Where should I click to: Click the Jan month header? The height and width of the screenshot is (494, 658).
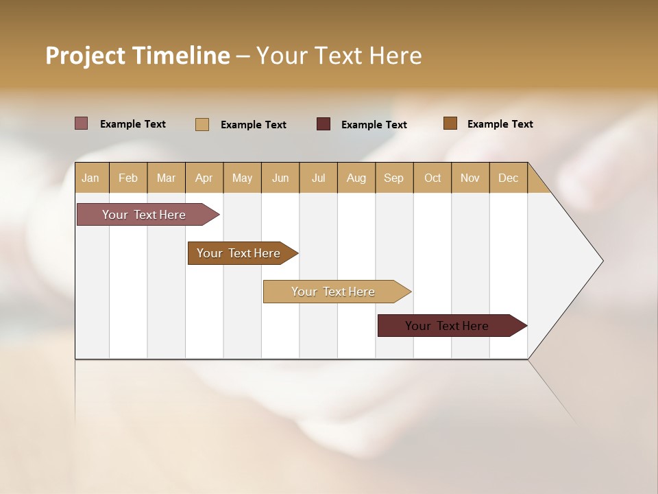point(90,178)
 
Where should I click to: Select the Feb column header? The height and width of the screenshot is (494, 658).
point(128,178)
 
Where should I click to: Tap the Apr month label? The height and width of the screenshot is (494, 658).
point(204,178)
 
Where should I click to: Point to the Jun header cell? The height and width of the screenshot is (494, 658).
point(280,178)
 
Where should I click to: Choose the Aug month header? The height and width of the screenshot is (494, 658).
point(356,178)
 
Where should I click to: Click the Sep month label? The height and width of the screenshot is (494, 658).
point(394,178)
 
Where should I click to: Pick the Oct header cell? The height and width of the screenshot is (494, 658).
point(432,178)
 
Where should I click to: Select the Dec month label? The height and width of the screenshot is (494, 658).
point(509,178)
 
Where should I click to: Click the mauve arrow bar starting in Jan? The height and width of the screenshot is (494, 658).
point(144,215)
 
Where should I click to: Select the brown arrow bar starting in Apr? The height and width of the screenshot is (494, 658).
point(239,253)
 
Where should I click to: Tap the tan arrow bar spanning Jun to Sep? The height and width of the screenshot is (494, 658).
point(333,292)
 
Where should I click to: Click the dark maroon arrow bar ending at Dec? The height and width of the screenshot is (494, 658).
point(447,326)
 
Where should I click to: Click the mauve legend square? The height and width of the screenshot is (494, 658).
point(82,123)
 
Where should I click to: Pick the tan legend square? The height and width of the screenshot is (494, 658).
point(202,124)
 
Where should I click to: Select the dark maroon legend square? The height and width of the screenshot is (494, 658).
point(324,124)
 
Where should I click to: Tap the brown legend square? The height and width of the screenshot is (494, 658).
point(450,123)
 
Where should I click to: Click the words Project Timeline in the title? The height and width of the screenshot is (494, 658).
point(138,56)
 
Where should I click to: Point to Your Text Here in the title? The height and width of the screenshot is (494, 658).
point(339,56)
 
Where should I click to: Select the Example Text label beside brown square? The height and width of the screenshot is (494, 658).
point(500,124)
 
